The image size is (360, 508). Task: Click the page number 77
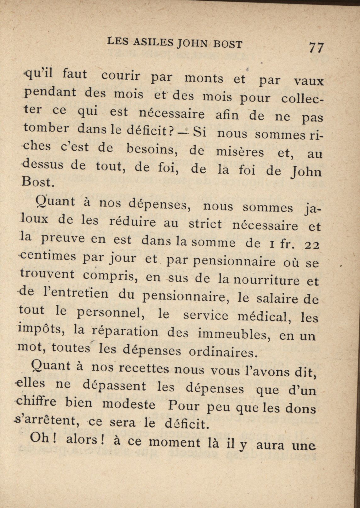point(316,48)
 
